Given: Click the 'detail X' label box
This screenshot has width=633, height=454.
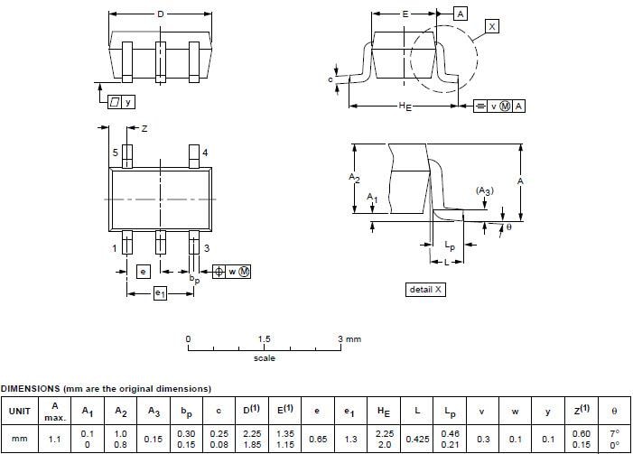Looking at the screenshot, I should click(x=426, y=290).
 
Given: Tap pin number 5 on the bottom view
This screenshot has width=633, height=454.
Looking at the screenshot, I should click(x=116, y=153).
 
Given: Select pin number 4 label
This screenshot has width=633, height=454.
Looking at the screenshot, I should click(x=205, y=153).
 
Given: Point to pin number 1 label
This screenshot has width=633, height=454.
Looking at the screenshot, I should click(x=116, y=248).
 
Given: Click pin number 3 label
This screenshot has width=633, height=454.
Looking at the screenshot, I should click(x=207, y=248).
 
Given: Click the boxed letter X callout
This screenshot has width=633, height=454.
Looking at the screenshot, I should click(x=491, y=27).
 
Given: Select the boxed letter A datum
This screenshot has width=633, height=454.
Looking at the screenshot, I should click(x=460, y=14).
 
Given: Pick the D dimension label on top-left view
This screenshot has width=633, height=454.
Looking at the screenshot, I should click(x=161, y=14).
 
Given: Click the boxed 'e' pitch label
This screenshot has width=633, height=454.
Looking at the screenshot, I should click(x=143, y=271).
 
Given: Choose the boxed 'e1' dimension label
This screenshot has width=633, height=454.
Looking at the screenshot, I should click(x=160, y=292).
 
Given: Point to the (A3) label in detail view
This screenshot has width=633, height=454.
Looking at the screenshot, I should click(x=485, y=191).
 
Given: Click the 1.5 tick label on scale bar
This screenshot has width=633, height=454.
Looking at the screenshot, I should click(x=265, y=339).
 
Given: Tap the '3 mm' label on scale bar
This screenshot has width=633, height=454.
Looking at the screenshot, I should click(x=349, y=339).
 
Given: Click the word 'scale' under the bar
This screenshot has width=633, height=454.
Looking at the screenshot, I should click(x=264, y=358).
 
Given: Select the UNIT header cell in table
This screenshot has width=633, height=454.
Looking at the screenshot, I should click(x=19, y=411).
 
